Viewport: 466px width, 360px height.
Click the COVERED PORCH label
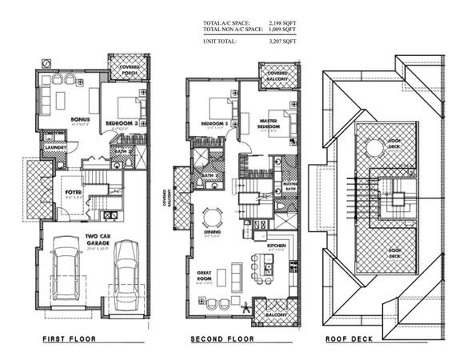125,70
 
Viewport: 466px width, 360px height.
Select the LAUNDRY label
54,147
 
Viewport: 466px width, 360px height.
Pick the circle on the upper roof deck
375,148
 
